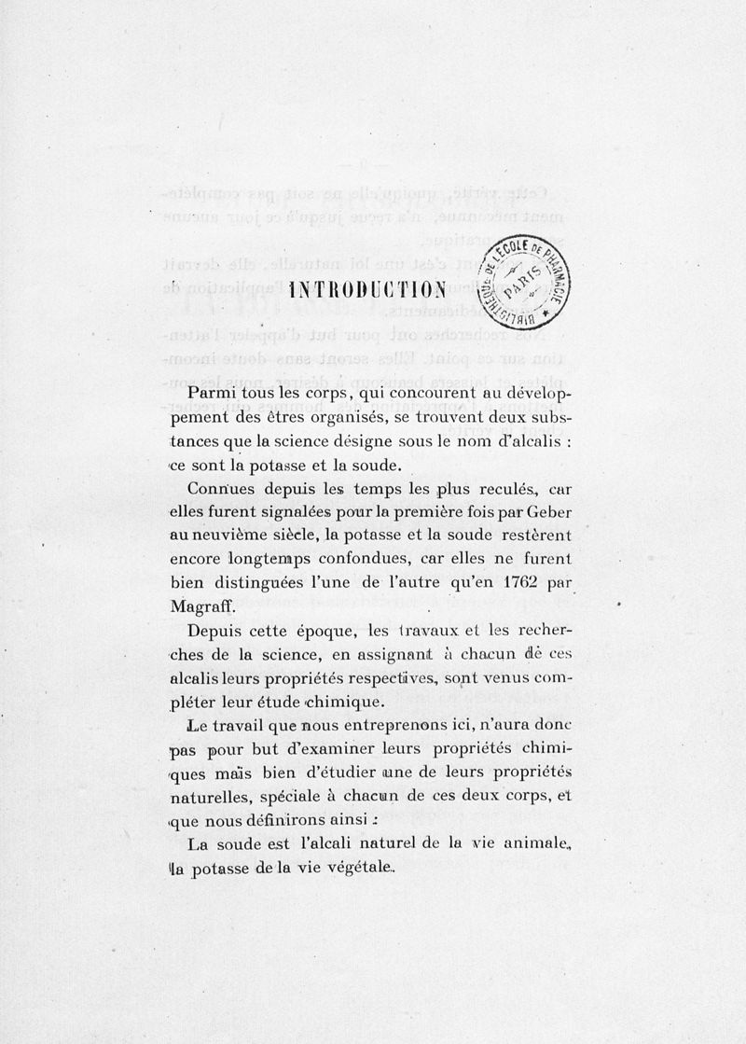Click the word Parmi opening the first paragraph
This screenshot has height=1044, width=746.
[x=210, y=395]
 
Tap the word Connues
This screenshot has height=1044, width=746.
[x=217, y=490]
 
